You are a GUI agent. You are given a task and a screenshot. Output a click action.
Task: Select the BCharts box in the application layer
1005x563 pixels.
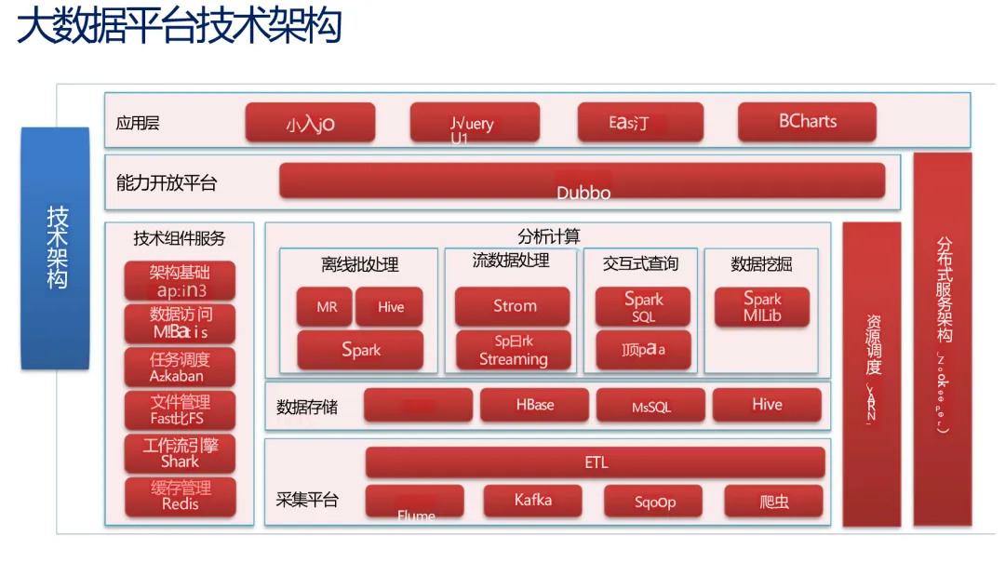pos(807,122)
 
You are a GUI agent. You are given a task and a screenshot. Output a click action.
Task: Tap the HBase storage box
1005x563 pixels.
pos(534,405)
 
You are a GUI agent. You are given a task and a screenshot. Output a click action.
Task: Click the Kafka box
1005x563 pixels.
pos(532,501)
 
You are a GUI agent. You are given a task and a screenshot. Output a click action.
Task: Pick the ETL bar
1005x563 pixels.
pos(596,462)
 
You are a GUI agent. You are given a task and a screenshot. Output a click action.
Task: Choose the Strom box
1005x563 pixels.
pos(513,306)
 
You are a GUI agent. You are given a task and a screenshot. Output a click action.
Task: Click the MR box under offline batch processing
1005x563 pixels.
pos(325,307)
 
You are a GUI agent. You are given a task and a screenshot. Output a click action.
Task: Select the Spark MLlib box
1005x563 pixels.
pos(762,307)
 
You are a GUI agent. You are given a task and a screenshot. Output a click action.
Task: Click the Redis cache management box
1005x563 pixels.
pos(181,496)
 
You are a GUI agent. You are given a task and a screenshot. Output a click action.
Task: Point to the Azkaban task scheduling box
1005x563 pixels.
pos(181,368)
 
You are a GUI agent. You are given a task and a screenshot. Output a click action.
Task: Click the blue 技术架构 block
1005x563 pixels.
pos(56,248)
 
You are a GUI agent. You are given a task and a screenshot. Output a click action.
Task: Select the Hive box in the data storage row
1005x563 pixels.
pos(767,405)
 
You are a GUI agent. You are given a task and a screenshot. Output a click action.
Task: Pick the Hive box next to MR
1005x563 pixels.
pos(390,307)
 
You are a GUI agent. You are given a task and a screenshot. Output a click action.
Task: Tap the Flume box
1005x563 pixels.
pos(415,502)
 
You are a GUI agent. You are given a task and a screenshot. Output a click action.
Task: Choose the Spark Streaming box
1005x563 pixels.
pos(513,350)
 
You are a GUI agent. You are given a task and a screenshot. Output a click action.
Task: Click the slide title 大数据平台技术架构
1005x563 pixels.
pos(180,26)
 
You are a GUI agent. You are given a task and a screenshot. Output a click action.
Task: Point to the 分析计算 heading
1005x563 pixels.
pos(549,236)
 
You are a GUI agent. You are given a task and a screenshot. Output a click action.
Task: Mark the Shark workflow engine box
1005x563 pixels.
pos(181,453)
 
